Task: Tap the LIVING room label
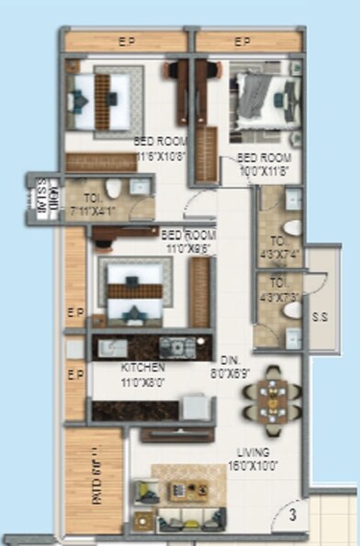pos(252,452)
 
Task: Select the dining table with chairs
pos(271,399)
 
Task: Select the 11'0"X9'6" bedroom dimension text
pos(187,247)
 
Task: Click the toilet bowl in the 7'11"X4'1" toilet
pos(112,190)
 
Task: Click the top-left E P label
pos(127,41)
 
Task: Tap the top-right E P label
pos(242,41)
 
